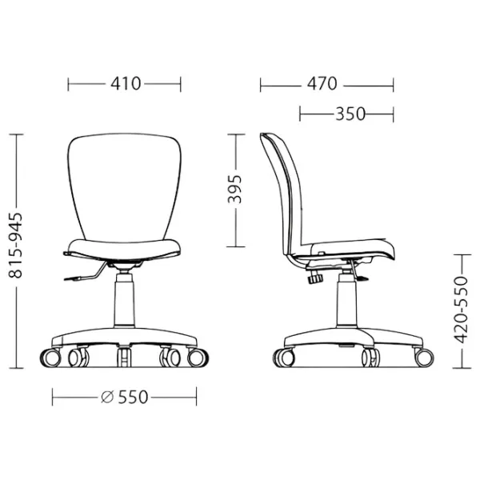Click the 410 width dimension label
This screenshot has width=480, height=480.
coord(126,83)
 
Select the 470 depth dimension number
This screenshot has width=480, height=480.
coord(322,83)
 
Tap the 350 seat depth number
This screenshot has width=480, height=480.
coord(350,114)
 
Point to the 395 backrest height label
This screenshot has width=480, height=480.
coord(234,189)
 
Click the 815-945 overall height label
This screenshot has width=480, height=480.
coord(15,246)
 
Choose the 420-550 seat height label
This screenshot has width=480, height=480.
coord(461,310)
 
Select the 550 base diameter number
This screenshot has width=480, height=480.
coord(133,397)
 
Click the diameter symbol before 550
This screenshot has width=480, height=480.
coord(107,397)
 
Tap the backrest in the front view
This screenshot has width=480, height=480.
coord(124,186)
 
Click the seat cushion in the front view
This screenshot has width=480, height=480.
coord(124,250)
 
